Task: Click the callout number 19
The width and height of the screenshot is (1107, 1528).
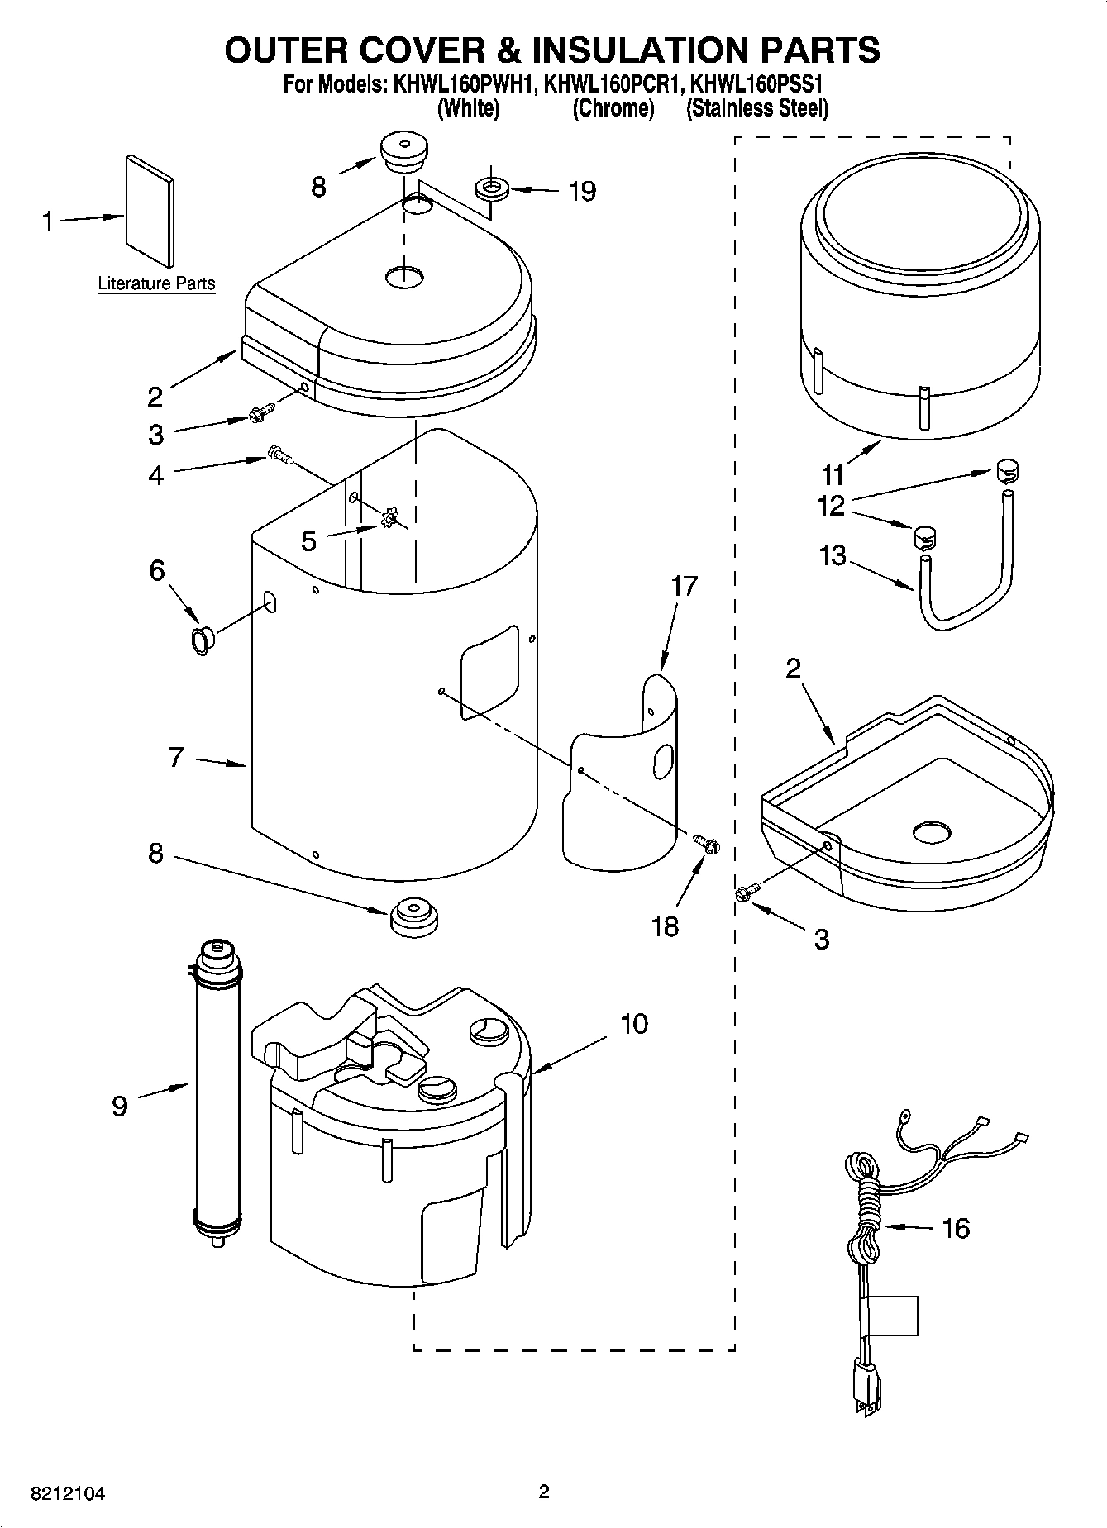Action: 582,192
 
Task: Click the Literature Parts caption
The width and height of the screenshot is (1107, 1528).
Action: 156,283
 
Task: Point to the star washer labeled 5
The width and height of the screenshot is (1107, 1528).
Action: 389,520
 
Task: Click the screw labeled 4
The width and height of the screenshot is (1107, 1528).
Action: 279,454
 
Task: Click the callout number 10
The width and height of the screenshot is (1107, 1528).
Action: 634,1024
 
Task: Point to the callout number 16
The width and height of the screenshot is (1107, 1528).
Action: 956,1228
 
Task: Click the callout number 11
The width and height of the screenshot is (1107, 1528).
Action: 833,475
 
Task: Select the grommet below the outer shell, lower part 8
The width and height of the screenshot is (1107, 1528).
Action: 413,916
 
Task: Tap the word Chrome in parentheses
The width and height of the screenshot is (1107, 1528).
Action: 613,108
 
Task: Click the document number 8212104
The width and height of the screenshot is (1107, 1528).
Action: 68,1494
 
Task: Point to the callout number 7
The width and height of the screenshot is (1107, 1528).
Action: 175,757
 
